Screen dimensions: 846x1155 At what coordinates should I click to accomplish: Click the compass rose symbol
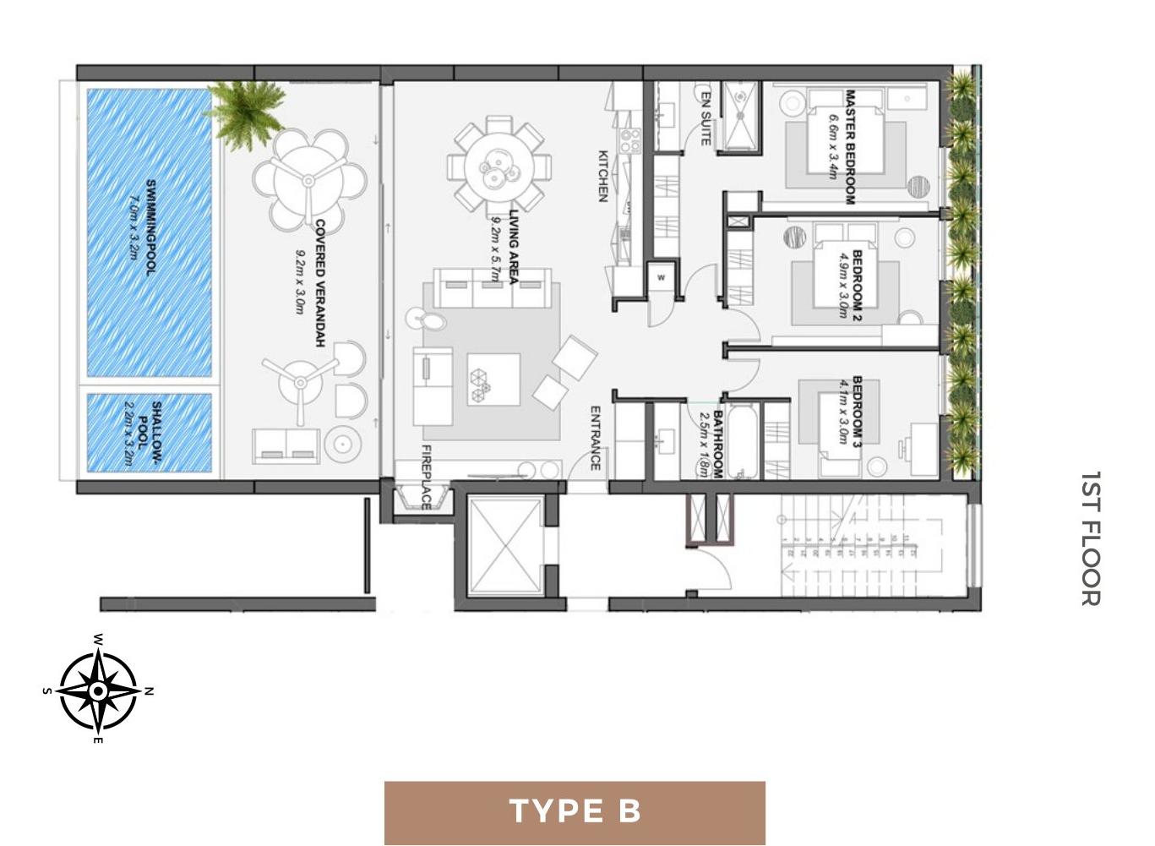[x=98, y=690]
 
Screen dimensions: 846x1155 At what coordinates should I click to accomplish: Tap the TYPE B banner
[x=575, y=812]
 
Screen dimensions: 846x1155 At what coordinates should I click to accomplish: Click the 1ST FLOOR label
[x=1090, y=538]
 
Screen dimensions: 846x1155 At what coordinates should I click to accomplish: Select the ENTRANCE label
[x=595, y=438]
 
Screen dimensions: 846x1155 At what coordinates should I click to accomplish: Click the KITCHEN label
[x=603, y=176]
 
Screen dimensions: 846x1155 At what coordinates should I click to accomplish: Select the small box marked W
[x=661, y=278]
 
